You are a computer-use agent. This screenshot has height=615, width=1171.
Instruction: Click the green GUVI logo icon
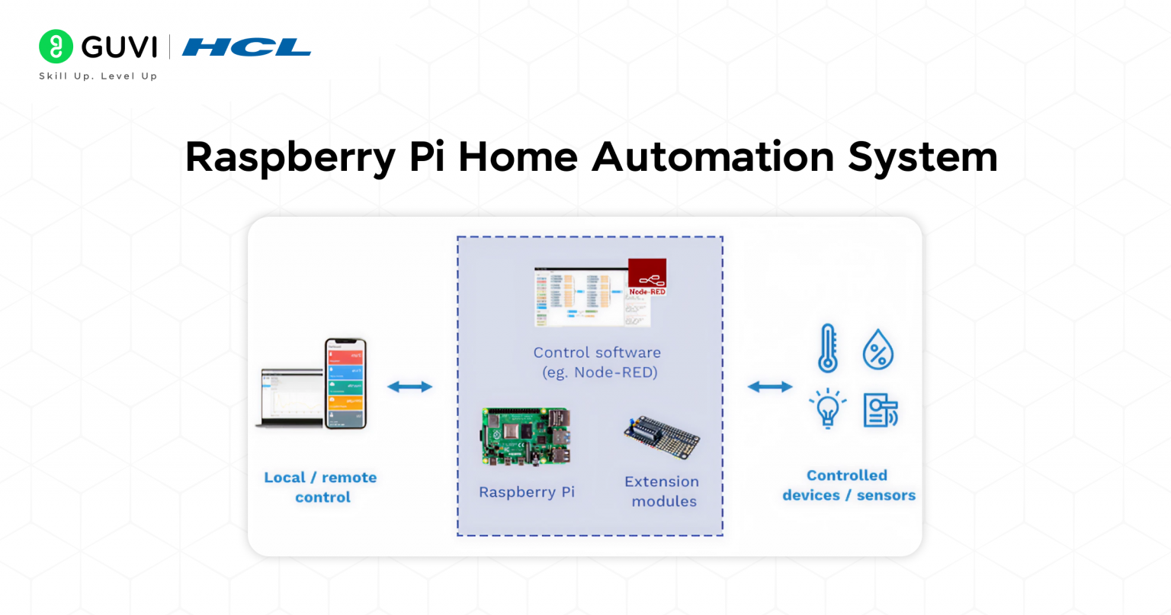[x=56, y=47]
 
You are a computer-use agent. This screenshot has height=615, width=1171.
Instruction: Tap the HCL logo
[x=246, y=47]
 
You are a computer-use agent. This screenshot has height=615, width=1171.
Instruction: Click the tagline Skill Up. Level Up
[x=98, y=76]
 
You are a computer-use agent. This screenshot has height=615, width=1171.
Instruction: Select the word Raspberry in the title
[x=290, y=157]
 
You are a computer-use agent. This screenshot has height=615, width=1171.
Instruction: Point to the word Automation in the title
[x=713, y=156]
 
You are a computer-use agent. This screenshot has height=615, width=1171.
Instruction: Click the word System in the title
[x=922, y=156]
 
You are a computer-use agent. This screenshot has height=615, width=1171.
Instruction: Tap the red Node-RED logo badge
[x=647, y=277]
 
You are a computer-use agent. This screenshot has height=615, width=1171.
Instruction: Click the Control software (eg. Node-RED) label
[x=597, y=362]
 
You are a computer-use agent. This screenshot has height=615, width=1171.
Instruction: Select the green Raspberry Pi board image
[x=525, y=436]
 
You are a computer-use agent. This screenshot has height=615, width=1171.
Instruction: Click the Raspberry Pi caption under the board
[x=527, y=492]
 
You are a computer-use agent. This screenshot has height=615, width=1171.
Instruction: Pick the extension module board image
[x=661, y=436]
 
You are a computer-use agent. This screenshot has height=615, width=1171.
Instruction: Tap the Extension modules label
[x=662, y=491]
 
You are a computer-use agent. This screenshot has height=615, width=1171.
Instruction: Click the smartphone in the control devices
[x=345, y=384]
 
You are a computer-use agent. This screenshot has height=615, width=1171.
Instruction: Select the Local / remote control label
[x=321, y=487]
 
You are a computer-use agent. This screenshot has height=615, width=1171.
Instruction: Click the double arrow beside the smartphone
[x=410, y=387]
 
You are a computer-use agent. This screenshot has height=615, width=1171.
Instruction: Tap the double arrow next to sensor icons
[x=770, y=387]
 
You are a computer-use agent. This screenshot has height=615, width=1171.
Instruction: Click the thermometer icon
[x=828, y=349]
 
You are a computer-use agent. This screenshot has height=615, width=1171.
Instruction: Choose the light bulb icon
[x=828, y=409]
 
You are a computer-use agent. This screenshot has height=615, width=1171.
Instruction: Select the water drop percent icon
[x=878, y=350]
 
